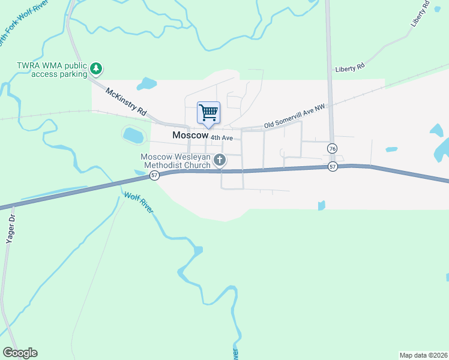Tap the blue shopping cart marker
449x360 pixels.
click(x=208, y=113)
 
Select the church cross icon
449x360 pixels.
click(x=220, y=160)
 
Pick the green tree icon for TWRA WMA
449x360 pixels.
click(x=96, y=70)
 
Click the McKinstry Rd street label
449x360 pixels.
click(x=126, y=102)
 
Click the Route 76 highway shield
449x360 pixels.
click(x=332, y=148)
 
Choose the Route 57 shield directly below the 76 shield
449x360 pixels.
click(x=333, y=167)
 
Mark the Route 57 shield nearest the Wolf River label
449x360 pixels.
click(x=154, y=175)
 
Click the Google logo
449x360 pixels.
click(x=20, y=353)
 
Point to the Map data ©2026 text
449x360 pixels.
click(x=424, y=355)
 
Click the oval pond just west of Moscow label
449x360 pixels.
click(x=133, y=136)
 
